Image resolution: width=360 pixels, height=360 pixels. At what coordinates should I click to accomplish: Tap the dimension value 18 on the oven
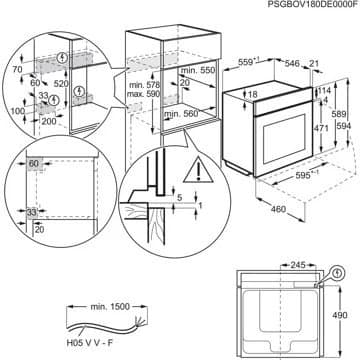(255, 94)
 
